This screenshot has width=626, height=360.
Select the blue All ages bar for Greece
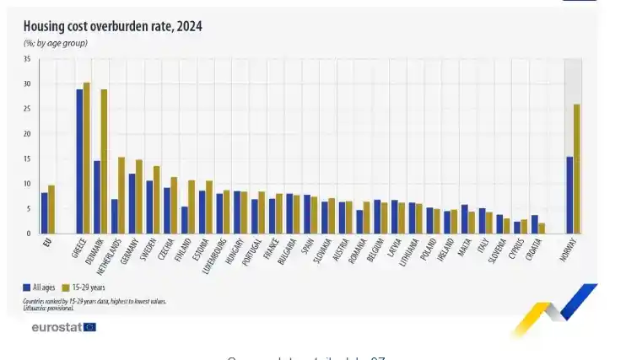[79, 161]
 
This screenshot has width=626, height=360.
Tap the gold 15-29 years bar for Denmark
[104, 161]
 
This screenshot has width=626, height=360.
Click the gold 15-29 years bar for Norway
[576, 169]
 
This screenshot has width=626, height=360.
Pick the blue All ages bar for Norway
[569, 195]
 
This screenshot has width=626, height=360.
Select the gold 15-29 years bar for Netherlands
[121, 195]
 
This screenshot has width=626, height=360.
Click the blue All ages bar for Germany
[132, 203]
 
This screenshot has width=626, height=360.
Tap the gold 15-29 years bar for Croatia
[542, 228]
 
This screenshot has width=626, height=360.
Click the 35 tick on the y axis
[27, 59]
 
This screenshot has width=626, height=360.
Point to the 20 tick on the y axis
[27, 134]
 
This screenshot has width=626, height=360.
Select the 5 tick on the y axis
[29, 208]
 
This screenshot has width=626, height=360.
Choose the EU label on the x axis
[46, 244]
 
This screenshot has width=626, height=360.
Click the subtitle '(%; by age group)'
[56, 43]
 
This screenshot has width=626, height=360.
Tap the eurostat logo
[64, 326]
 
